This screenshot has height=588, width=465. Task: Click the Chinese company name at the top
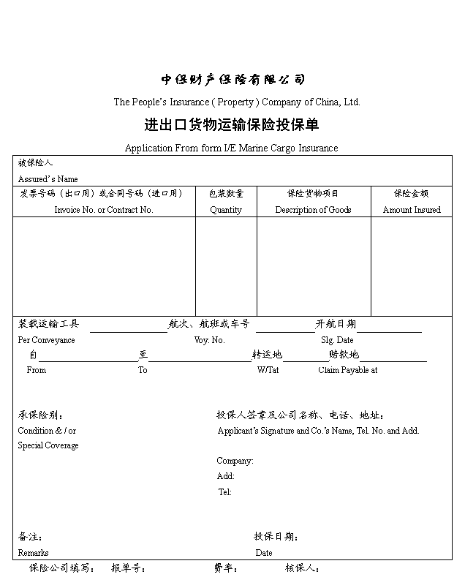(232, 80)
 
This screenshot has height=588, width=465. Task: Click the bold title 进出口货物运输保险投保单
(232, 125)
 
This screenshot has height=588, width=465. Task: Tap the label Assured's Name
(48, 179)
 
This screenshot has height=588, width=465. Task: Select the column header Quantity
(226, 210)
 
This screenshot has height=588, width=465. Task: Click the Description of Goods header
(313, 210)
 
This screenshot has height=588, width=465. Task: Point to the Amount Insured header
(412, 210)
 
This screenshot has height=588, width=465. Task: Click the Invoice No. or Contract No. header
(104, 210)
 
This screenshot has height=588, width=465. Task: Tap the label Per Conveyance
(46, 340)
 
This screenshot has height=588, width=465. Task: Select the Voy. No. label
(209, 340)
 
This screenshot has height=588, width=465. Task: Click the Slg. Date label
(337, 340)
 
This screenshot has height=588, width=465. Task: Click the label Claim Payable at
(347, 370)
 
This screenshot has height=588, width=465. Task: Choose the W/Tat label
(268, 370)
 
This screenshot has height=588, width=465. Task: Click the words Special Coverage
(48, 445)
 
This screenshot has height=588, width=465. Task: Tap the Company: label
(235, 461)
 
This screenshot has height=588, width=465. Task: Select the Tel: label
(225, 492)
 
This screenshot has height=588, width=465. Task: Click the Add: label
(225, 476)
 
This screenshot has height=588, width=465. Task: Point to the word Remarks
(33, 553)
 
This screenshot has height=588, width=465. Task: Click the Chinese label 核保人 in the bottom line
(302, 568)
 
